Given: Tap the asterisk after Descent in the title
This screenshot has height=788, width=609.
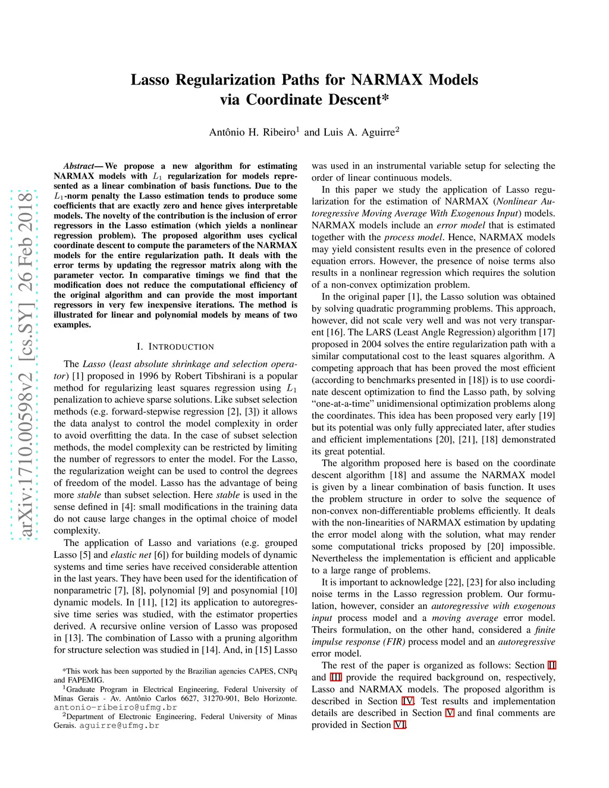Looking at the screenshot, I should (385, 99).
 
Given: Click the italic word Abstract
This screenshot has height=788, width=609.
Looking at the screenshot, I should (79, 166).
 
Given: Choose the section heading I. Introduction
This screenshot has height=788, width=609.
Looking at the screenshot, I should (175, 347).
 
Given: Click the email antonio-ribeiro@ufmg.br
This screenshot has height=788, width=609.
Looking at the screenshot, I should (115, 708).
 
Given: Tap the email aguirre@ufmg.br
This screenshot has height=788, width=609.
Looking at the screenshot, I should (119, 726).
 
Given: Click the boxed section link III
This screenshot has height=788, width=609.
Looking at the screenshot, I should (335, 677).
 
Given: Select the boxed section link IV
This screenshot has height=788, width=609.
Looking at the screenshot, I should (408, 701).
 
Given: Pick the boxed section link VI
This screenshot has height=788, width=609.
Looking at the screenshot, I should (400, 725).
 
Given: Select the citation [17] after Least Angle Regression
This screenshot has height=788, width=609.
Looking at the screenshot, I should (547, 332).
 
